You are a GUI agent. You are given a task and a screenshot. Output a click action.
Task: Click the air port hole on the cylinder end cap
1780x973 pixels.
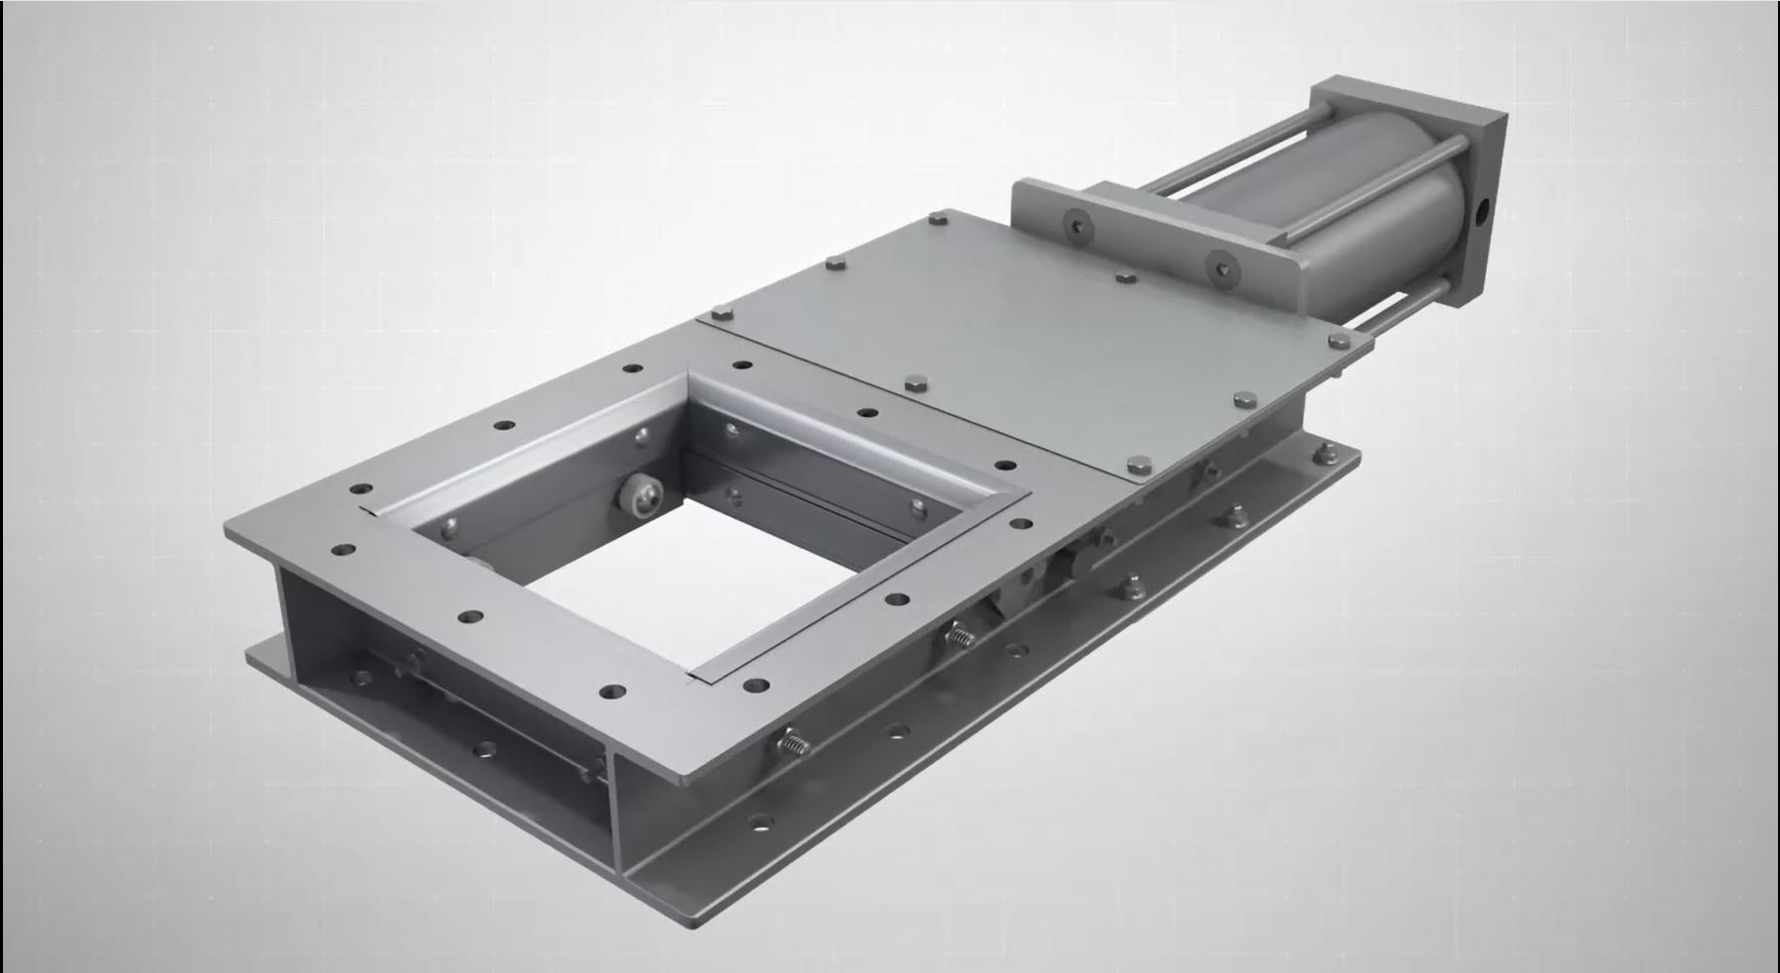point(1483,210)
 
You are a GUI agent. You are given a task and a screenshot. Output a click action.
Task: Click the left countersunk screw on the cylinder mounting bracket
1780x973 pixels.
point(1075,226)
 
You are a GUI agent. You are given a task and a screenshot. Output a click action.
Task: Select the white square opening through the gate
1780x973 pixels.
point(634,595)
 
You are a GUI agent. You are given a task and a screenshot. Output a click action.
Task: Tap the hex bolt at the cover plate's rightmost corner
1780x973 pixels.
point(1339,341)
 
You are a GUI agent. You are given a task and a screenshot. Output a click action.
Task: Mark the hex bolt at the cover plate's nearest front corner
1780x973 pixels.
point(1139,462)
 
